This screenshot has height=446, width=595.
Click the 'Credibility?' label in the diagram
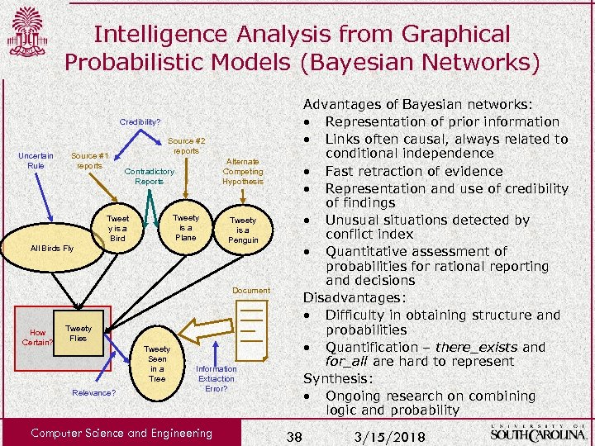(x=140, y=121)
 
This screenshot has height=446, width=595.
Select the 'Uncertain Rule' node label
(x=36, y=160)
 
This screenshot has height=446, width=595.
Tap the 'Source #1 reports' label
(x=89, y=160)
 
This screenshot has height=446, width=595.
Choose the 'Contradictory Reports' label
(x=149, y=176)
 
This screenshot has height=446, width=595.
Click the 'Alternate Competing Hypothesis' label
(x=243, y=171)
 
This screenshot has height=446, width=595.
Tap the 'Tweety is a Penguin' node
(x=243, y=230)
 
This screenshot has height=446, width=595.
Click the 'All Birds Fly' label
(x=51, y=248)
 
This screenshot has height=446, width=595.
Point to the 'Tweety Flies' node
(x=79, y=333)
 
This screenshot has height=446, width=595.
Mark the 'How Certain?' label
(x=37, y=337)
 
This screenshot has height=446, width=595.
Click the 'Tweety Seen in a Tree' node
(x=157, y=364)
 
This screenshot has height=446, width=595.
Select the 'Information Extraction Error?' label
(x=216, y=377)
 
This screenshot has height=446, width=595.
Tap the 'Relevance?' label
(x=93, y=392)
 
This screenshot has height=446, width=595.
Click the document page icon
(x=250, y=326)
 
